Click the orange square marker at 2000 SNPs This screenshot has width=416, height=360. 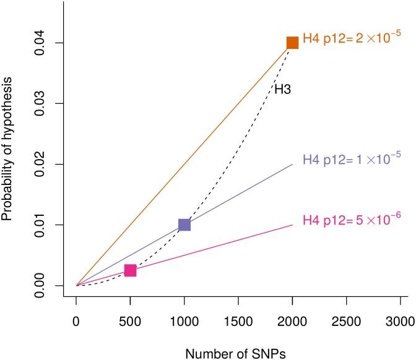coord(292,43)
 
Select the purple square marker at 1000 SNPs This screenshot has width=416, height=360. coord(184,225)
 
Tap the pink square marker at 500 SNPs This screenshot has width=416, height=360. coord(130,270)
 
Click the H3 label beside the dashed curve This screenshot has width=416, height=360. coord(282,90)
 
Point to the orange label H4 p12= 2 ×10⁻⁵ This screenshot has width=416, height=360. coord(352,41)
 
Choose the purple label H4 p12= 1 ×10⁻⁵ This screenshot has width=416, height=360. coord(352,159)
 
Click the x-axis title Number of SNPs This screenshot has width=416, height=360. coord(238,351)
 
